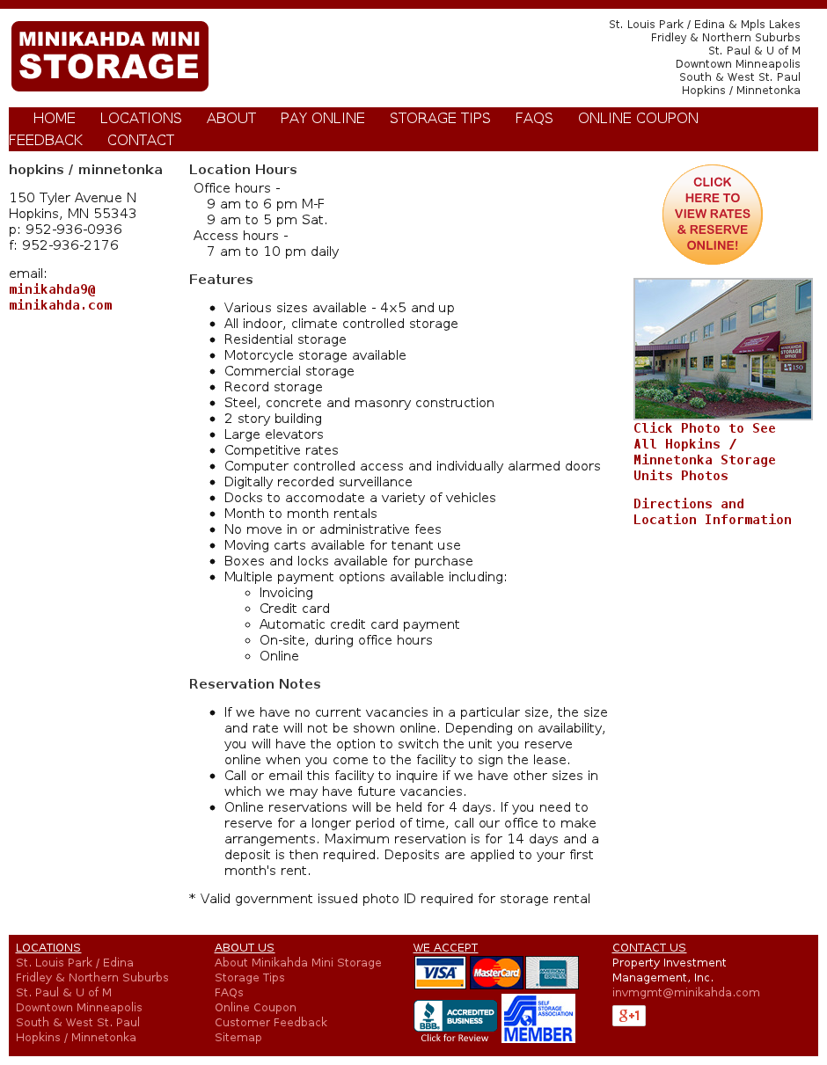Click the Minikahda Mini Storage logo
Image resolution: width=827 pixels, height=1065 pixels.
tap(110, 56)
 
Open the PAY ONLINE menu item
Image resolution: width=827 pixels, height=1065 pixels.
tap(322, 119)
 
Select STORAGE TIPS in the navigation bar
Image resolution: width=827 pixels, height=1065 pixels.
tap(440, 119)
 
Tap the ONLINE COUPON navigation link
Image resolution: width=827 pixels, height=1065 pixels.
tap(638, 119)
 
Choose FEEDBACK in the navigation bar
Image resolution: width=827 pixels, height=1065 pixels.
tap(46, 141)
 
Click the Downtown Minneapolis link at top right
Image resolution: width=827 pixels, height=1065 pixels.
tap(737, 64)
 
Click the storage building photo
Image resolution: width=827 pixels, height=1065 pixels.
tap(722, 349)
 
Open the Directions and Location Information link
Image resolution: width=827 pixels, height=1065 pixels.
tap(712, 512)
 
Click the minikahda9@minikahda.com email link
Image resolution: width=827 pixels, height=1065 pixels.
tap(61, 297)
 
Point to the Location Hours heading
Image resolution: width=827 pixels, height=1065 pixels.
tap(243, 170)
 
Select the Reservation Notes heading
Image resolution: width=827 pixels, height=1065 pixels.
tap(254, 684)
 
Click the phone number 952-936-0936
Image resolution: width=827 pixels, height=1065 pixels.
tap(73, 230)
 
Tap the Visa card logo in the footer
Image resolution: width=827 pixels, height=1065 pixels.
tap(440, 973)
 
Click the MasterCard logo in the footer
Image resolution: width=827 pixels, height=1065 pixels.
tap(496, 973)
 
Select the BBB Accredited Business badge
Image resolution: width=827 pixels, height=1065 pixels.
tap(455, 1020)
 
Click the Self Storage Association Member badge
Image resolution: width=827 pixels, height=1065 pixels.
tap(538, 1018)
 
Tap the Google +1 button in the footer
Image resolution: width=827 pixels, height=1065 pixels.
tap(628, 1016)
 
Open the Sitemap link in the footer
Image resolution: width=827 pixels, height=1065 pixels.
tap(238, 1038)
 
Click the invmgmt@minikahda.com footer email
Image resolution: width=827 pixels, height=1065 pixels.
tap(685, 993)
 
